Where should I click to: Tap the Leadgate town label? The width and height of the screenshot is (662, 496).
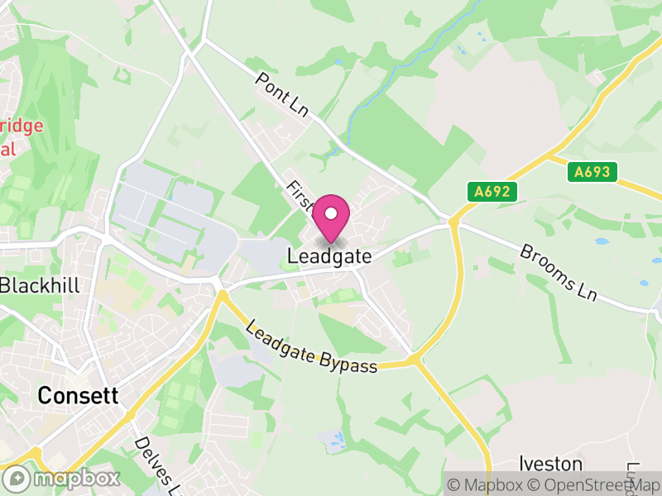[329, 257]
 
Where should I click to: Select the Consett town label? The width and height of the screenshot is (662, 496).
[78, 395]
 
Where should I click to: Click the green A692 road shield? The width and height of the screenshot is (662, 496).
[492, 192]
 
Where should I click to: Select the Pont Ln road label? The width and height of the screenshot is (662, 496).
[281, 94]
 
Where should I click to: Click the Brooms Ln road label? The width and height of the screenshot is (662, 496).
[558, 271]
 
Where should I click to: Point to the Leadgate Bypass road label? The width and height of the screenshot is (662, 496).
[311, 346]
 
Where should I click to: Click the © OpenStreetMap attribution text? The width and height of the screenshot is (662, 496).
[593, 484]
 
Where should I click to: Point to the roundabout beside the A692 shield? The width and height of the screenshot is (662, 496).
[453, 221]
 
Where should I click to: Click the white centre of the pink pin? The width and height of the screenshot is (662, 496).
[331, 214]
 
